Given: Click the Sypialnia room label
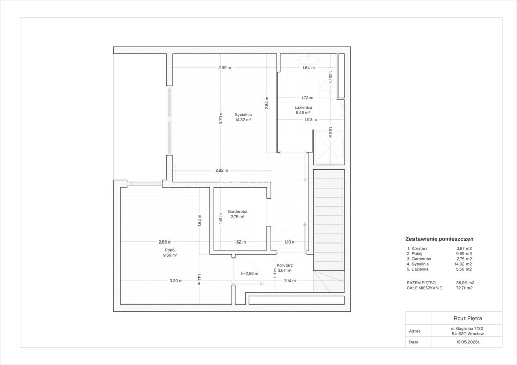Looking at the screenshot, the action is [x=243, y=115].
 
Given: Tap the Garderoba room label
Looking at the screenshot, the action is [x=237, y=212].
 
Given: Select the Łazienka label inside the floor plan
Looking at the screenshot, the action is [x=303, y=107].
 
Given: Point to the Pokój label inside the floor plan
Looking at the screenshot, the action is [x=170, y=250].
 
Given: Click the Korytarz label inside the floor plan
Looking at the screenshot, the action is [x=285, y=265].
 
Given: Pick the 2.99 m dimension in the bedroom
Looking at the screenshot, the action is [x=225, y=68].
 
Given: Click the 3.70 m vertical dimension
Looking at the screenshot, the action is [x=221, y=118].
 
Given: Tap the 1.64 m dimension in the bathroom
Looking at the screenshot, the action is [x=308, y=68].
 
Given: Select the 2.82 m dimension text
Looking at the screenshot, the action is [x=222, y=170].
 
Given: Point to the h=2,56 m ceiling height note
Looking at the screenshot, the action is [x=249, y=273].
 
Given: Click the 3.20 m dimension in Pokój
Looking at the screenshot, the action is [x=176, y=281].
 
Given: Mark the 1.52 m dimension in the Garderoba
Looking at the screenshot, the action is [x=240, y=242].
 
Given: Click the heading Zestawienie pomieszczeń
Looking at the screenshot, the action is [x=439, y=239].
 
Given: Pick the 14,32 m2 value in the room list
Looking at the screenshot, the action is [x=464, y=264].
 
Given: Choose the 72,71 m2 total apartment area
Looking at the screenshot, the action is [x=464, y=288].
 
